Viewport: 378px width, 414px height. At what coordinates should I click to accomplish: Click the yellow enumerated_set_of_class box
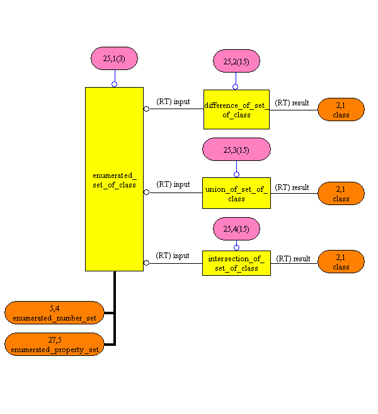[114, 179]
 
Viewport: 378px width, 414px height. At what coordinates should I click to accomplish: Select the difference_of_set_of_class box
[236, 109]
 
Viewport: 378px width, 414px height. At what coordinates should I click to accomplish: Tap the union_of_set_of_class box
[236, 193]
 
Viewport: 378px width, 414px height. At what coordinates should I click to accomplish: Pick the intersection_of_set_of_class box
[236, 263]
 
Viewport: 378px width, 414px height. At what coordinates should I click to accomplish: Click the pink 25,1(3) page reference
[114, 58]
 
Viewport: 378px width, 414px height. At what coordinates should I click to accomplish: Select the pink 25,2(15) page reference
[236, 61]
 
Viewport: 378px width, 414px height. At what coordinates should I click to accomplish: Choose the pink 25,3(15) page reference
[236, 150]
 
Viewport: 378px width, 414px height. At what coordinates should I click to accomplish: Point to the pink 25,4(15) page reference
[236, 228]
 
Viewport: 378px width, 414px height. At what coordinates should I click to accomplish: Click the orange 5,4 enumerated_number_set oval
[54, 312]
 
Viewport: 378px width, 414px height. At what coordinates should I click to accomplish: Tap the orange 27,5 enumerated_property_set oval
[54, 344]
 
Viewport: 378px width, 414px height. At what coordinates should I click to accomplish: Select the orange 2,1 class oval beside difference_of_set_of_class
[341, 110]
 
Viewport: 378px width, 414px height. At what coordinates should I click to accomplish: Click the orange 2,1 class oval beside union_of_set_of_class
[341, 193]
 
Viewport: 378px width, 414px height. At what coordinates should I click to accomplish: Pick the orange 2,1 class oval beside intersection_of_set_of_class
[341, 262]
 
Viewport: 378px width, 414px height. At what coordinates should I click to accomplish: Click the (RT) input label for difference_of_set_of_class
[173, 102]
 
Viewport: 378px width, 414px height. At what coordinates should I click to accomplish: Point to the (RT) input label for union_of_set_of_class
[173, 184]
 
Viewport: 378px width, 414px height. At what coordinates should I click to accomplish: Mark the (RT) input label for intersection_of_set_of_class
[173, 256]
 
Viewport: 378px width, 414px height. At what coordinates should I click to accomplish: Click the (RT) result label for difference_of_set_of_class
[292, 102]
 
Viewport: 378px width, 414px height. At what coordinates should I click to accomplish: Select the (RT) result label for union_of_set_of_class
[292, 187]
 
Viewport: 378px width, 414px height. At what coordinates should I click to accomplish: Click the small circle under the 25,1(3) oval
[114, 84]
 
